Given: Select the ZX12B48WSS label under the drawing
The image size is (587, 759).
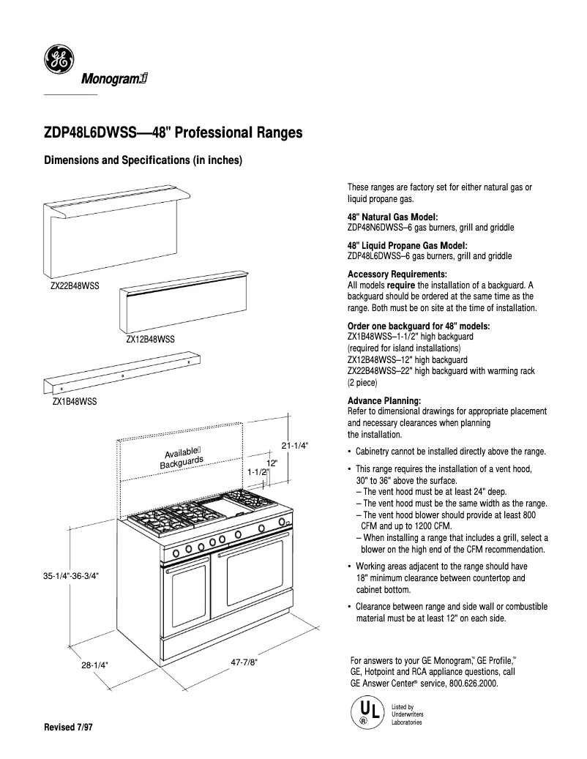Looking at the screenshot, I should [150, 339].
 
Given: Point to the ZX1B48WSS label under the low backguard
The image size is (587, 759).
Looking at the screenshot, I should [74, 401].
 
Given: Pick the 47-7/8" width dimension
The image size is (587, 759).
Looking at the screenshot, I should [244, 662].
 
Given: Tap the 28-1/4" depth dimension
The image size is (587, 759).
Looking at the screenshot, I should [94, 665].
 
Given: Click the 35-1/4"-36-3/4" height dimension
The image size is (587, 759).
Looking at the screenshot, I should [71, 575].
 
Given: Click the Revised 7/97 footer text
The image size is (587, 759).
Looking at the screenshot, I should [70, 728].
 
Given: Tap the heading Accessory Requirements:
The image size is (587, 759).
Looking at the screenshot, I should [395, 274].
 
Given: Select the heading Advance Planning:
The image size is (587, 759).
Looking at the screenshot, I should [384, 401].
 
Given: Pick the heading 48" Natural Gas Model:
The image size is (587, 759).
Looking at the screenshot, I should [392, 217].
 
